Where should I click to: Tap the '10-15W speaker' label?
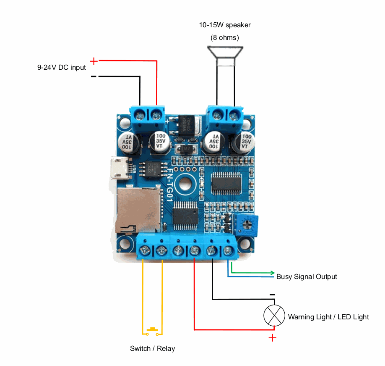click(x=225, y=25)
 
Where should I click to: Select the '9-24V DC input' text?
click(x=62, y=67)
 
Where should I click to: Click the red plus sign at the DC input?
click(x=94, y=61)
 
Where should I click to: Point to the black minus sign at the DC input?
click(x=94, y=76)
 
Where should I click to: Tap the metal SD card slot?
click(x=138, y=210)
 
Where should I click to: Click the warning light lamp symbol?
click(x=274, y=315)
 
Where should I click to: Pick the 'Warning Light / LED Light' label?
click(x=328, y=317)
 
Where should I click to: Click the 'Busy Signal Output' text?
click(x=307, y=276)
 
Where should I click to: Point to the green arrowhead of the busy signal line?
click(x=273, y=273)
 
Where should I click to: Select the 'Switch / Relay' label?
click(x=152, y=348)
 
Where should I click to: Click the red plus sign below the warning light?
click(x=273, y=338)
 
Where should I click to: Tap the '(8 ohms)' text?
click(x=225, y=38)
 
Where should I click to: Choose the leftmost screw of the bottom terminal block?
click(x=145, y=251)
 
